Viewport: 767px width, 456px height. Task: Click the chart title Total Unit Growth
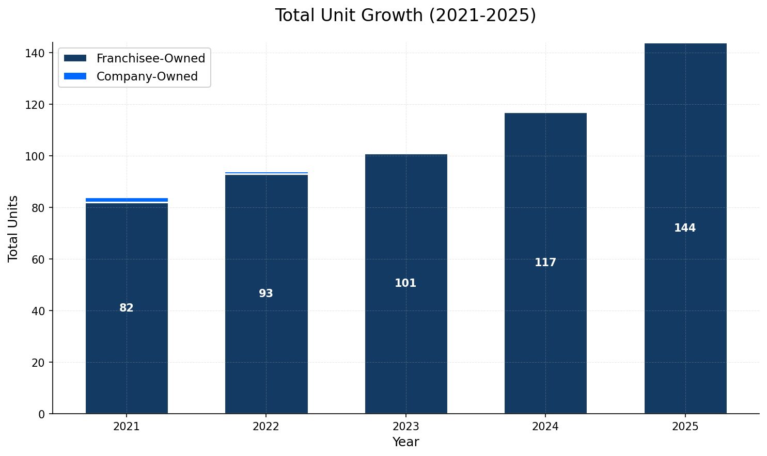[x=405, y=15]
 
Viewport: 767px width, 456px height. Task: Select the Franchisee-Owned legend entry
[x=150, y=58]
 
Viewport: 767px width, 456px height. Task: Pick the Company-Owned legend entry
[x=147, y=76]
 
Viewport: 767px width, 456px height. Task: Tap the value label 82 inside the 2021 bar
[x=127, y=308]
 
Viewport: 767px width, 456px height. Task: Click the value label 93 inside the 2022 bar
[x=266, y=294]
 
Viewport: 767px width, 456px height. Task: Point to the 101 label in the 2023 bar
[x=405, y=283]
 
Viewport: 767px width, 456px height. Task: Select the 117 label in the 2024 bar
[x=545, y=263]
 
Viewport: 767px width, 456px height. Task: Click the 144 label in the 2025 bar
[x=685, y=228]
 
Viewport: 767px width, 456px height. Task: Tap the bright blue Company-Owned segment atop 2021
[x=127, y=200]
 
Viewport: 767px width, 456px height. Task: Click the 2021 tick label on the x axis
[x=127, y=427]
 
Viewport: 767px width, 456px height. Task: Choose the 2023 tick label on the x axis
[x=405, y=427]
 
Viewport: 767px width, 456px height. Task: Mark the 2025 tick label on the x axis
[x=685, y=427]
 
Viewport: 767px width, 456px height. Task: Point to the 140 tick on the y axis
[x=38, y=53]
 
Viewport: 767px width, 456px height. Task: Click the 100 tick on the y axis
[x=38, y=156]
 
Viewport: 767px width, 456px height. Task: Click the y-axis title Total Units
[x=13, y=228]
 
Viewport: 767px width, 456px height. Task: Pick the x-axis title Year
[x=405, y=442]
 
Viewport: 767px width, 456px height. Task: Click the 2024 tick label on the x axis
[x=545, y=427]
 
